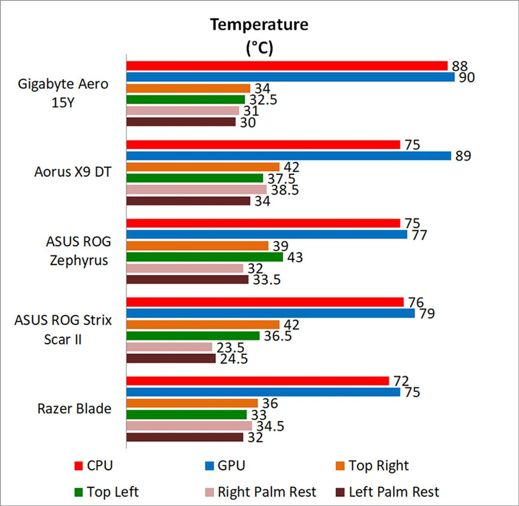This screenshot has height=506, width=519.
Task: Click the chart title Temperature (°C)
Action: (x=259, y=36)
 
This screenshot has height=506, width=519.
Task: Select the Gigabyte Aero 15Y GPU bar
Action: (x=290, y=77)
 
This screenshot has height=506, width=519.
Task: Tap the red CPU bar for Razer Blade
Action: (x=258, y=381)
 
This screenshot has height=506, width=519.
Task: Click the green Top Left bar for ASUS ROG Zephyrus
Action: (x=205, y=257)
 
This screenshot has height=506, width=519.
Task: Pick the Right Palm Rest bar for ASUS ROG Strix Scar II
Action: (x=169, y=347)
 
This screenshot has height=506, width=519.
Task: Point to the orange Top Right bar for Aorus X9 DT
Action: (x=203, y=167)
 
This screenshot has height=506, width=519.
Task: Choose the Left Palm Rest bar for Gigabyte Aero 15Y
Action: (x=181, y=122)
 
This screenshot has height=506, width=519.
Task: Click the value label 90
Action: (x=467, y=78)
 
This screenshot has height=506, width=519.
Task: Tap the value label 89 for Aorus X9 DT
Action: (x=463, y=156)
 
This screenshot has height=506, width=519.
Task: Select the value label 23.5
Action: (x=230, y=347)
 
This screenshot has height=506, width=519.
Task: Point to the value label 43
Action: (x=295, y=257)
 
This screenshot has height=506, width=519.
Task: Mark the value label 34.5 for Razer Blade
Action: (x=270, y=426)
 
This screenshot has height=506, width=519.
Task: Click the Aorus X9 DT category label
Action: (x=73, y=172)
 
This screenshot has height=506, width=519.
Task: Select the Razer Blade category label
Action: (x=74, y=409)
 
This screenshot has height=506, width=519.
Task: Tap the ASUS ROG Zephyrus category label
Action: (x=78, y=251)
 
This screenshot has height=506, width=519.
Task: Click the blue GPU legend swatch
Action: (x=209, y=466)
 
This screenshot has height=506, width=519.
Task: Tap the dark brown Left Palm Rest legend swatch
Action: (x=340, y=492)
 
